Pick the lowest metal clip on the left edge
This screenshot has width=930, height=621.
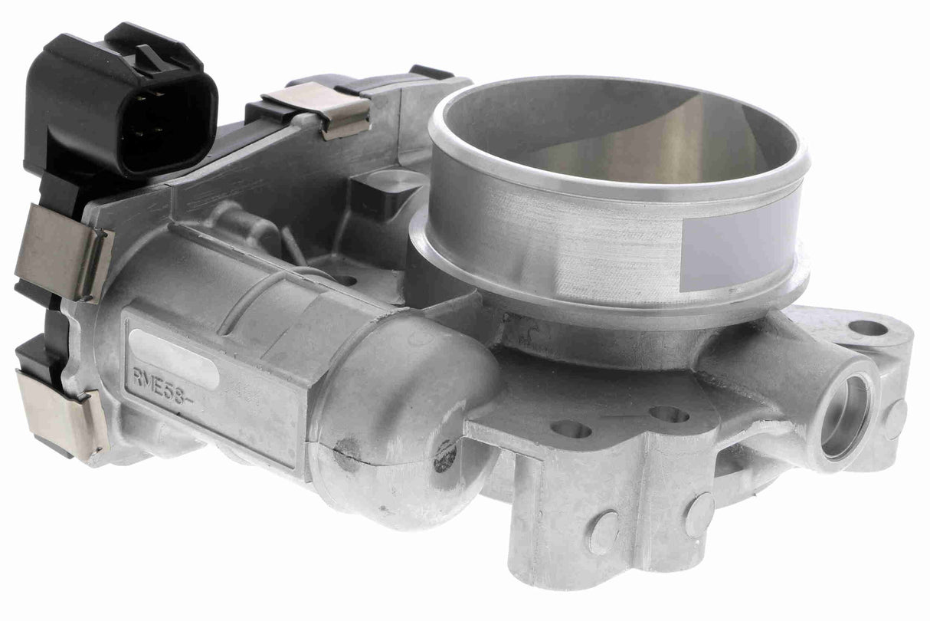point(61,413)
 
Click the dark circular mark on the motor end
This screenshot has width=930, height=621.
point(444,455)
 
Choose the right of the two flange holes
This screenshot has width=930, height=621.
point(669,414)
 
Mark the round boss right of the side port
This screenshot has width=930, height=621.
point(893,419)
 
